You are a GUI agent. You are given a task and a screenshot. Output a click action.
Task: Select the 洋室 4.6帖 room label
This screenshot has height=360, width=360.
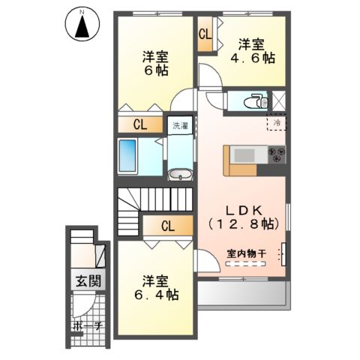tap(251, 51)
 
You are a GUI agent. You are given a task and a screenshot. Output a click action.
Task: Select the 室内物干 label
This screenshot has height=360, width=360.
tap(247, 253)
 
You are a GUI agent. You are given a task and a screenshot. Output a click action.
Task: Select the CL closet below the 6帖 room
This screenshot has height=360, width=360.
tap(139, 125)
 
